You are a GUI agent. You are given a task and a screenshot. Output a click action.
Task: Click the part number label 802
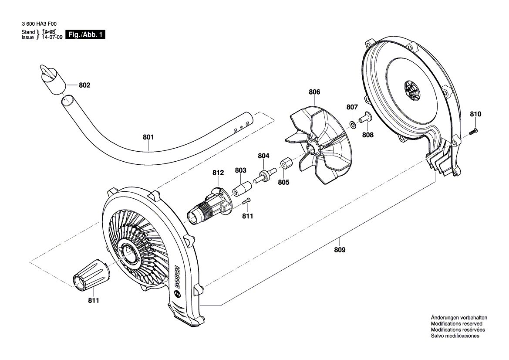[84, 85]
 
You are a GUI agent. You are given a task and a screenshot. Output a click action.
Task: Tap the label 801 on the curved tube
[148, 137]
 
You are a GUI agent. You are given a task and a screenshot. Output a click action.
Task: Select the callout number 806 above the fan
[314, 92]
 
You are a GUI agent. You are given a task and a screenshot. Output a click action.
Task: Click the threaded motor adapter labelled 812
[209, 206]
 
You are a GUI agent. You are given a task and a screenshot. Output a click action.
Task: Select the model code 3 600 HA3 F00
[39, 26]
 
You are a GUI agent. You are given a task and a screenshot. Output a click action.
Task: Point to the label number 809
[340, 250]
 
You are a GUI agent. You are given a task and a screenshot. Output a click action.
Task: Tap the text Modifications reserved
[456, 324]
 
